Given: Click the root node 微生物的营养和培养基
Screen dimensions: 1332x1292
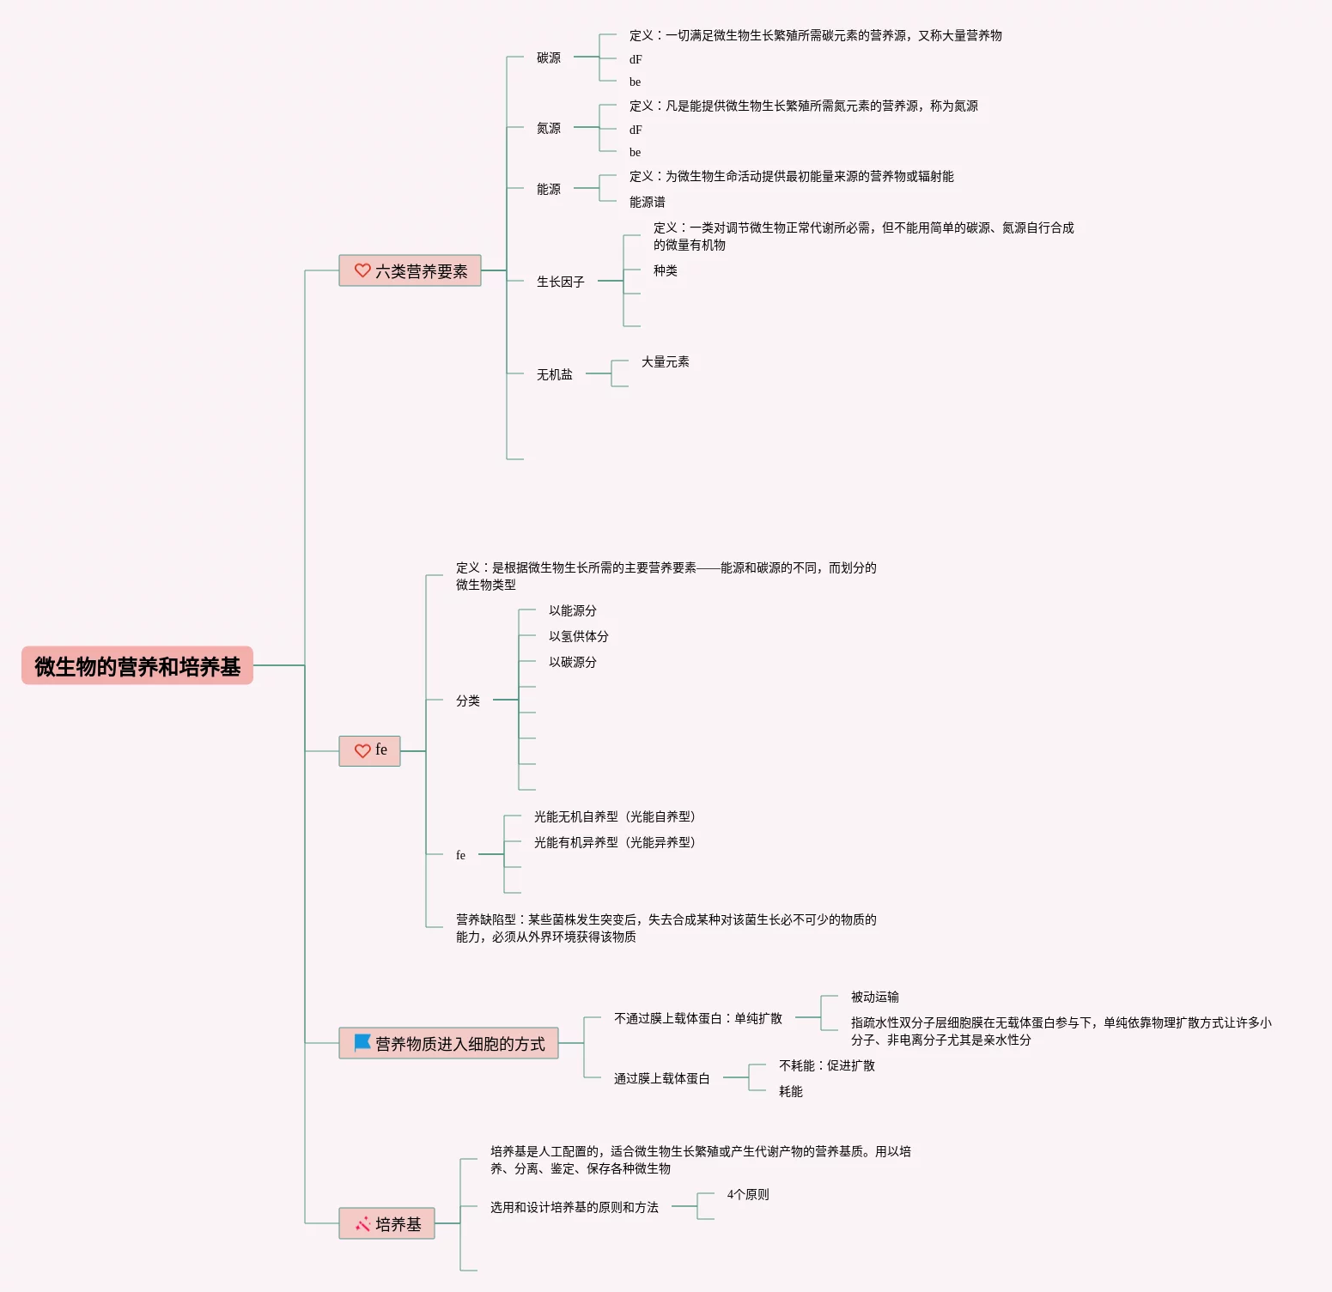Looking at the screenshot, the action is tap(137, 666).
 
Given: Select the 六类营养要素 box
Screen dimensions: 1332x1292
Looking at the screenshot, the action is tap(411, 271).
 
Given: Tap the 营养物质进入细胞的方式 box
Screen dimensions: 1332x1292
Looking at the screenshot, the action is tap(449, 1044).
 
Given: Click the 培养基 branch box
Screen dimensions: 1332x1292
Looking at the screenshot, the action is tap(387, 1224).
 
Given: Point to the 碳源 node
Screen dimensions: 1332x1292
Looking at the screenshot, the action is tap(549, 58).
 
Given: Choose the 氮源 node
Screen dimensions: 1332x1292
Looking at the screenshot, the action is tap(549, 129).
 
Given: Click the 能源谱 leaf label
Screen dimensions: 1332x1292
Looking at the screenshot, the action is tap(648, 203).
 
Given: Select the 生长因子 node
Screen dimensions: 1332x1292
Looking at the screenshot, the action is tap(561, 282).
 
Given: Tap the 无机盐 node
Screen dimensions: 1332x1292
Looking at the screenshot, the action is tap(555, 375).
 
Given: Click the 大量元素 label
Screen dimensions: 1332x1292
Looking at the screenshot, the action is tap(666, 362).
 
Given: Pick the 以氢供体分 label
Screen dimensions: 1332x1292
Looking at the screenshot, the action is tap(579, 637).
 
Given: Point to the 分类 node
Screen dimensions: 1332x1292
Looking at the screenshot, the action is tap(468, 701).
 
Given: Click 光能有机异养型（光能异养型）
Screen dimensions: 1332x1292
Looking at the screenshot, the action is tap(615, 843).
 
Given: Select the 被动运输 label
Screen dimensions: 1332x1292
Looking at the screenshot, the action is tap(875, 998).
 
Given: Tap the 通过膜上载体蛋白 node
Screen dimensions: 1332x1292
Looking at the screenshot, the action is tap(662, 1079).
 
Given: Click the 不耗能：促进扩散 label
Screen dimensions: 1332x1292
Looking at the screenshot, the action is tap(827, 1066).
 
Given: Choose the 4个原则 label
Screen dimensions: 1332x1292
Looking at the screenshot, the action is tap(748, 1195).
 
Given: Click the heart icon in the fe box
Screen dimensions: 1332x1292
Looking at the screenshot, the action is tap(362, 751).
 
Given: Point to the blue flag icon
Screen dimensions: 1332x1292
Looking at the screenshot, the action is tap(362, 1043).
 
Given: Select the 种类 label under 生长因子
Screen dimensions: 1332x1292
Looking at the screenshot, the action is tap(666, 271).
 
